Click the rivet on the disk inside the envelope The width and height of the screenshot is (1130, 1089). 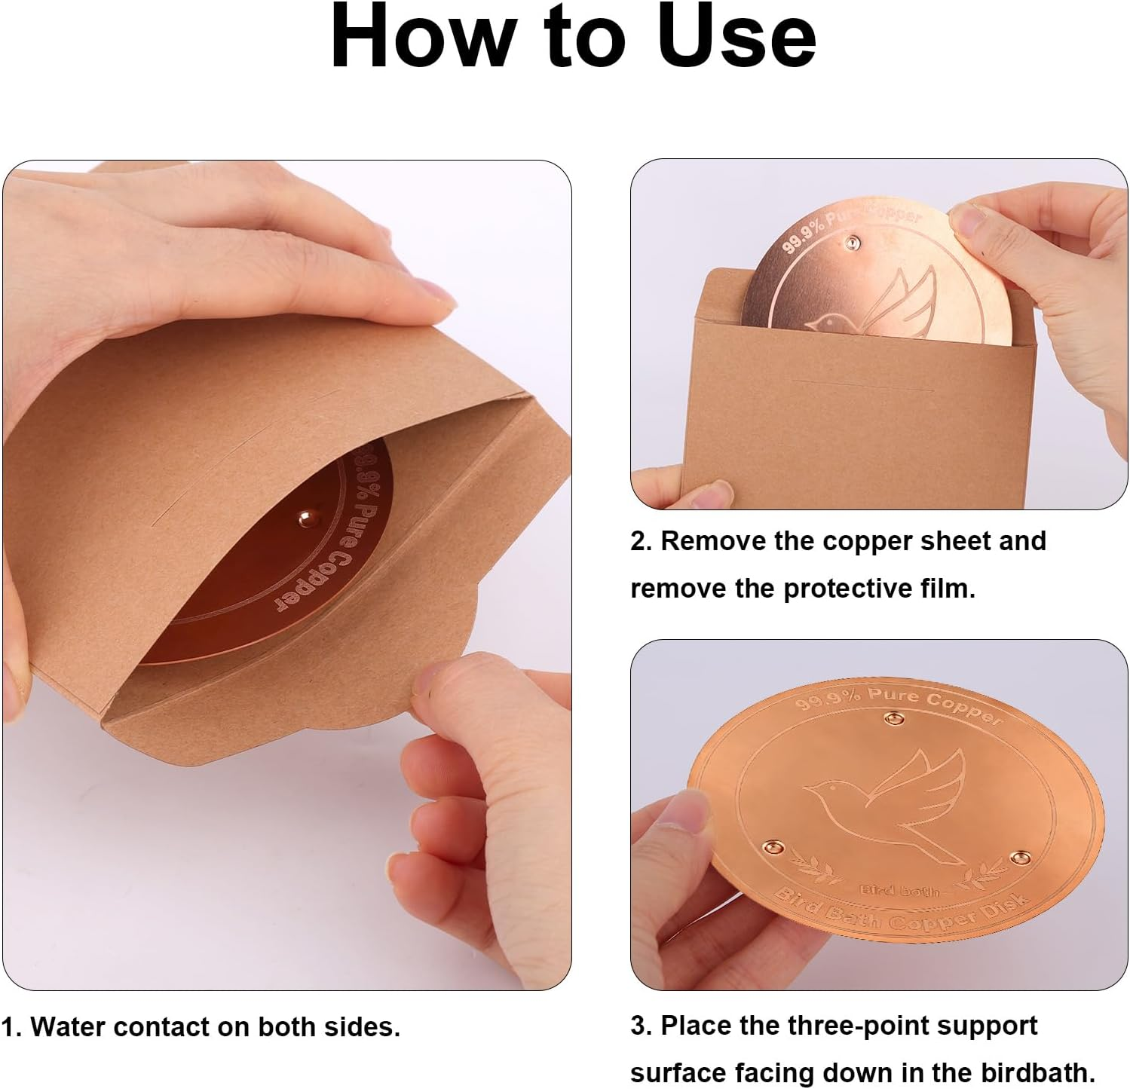tap(305, 518)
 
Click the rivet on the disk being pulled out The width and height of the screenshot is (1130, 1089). tap(853, 242)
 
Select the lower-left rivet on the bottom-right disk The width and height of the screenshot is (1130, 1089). tap(772, 849)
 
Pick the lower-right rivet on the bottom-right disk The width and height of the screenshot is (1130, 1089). tap(1020, 858)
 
